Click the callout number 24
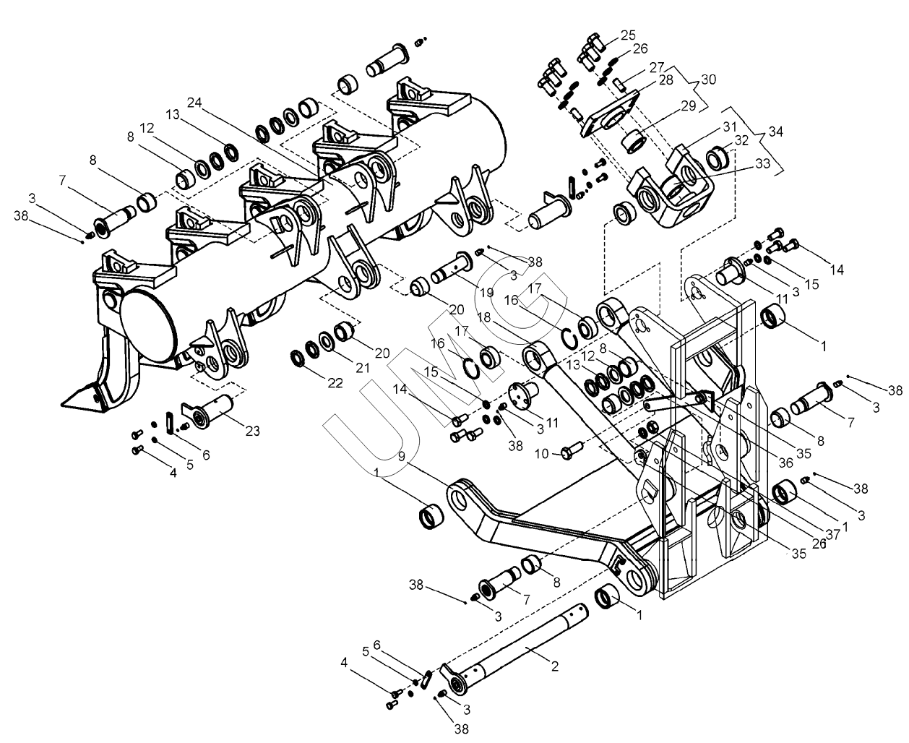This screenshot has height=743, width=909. point(194,103)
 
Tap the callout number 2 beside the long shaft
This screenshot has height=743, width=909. point(555,666)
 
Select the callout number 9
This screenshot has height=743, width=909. point(402,456)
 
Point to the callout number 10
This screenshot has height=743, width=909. point(542,454)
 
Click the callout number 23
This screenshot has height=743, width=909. point(253,431)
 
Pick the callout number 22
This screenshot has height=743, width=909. point(335,382)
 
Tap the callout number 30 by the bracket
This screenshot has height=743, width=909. point(709,80)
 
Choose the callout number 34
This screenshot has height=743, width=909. point(776,132)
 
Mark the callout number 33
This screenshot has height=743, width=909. point(762,163)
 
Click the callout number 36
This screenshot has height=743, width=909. point(785,463)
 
